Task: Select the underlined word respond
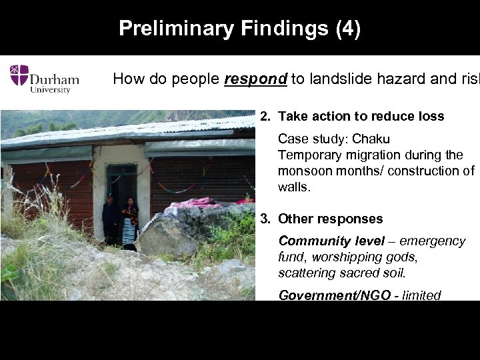click(255, 79)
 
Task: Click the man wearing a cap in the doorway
click(111, 217)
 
